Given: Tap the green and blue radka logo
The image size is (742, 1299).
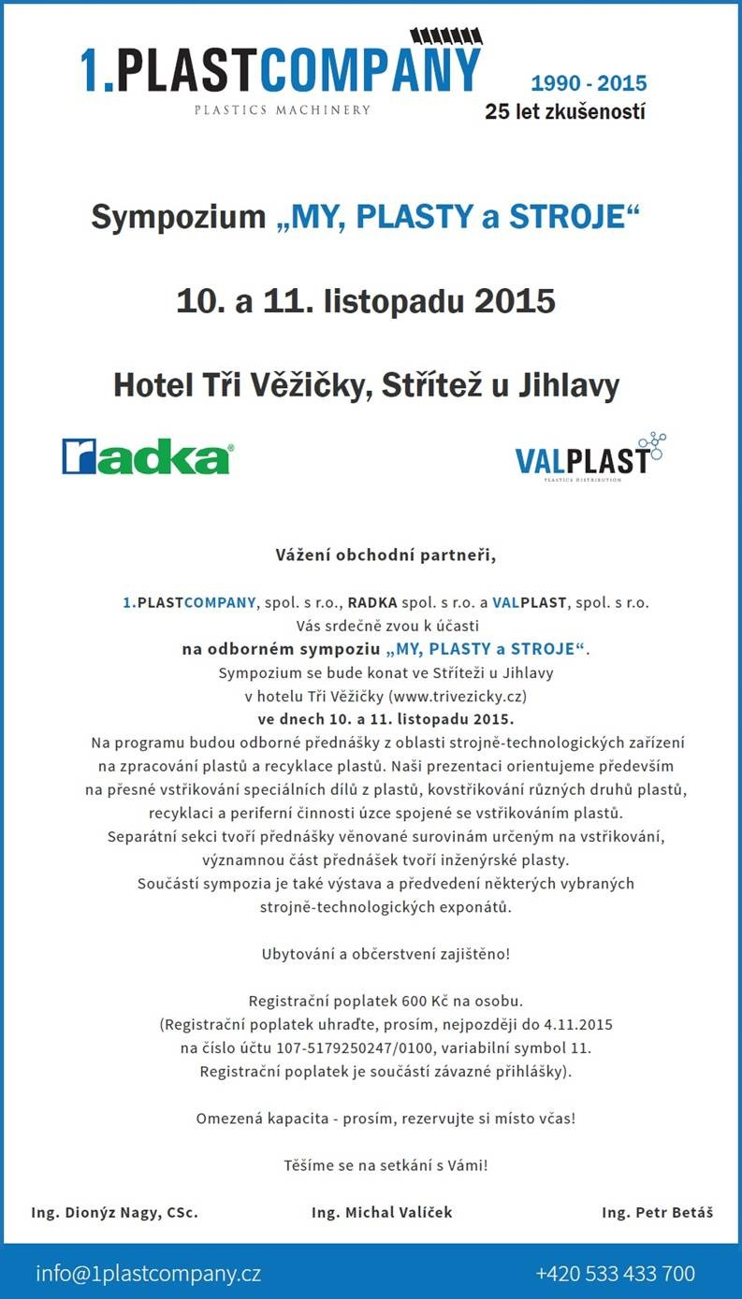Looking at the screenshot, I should tap(147, 457).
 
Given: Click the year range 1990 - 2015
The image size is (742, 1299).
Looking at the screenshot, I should tap(589, 83).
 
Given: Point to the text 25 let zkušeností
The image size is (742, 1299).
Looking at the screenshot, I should tap(565, 112).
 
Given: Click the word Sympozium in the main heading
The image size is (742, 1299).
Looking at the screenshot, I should tap(178, 218).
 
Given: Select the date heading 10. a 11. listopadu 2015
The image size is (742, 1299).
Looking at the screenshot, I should tap(366, 301).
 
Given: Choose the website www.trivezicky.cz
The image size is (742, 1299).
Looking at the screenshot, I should tap(449, 697).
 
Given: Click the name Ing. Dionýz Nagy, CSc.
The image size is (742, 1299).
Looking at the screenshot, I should tap(114, 1212).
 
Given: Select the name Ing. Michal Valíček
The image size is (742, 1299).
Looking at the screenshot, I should tap(382, 1212).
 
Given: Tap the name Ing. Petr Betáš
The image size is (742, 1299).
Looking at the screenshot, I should tap(658, 1212).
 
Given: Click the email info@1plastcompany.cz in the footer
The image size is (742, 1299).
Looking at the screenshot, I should tap(148, 1274).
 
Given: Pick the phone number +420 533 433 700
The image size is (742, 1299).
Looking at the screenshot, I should tap(615, 1274).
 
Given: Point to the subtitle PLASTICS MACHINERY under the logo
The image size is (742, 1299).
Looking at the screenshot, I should tap(282, 109).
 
